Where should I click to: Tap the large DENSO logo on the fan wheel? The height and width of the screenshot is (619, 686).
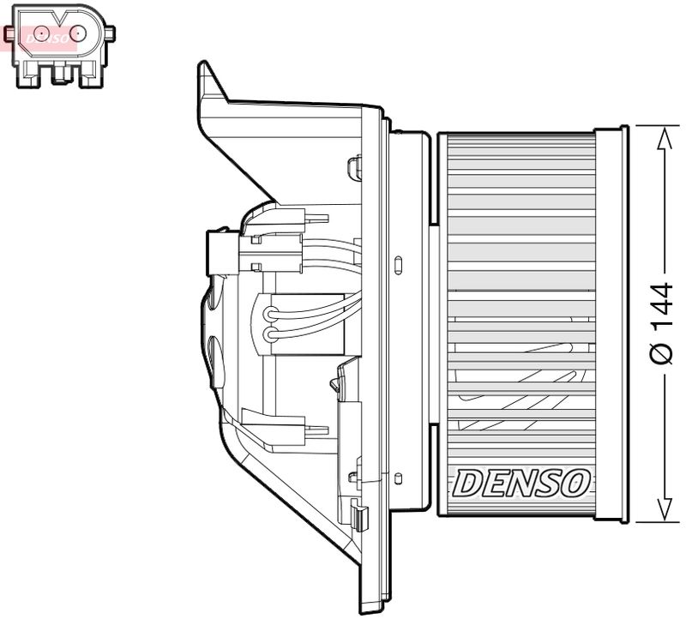click(521, 483)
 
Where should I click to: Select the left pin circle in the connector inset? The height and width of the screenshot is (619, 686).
click(37, 33)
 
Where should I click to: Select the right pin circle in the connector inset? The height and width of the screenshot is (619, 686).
click(78, 33)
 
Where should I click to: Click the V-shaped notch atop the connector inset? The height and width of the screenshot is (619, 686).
click(57, 15)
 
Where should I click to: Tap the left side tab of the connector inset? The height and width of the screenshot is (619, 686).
click(9, 33)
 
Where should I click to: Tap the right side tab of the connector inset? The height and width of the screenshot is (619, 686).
click(109, 33)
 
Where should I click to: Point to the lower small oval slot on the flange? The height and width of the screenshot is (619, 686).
click(399, 474)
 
